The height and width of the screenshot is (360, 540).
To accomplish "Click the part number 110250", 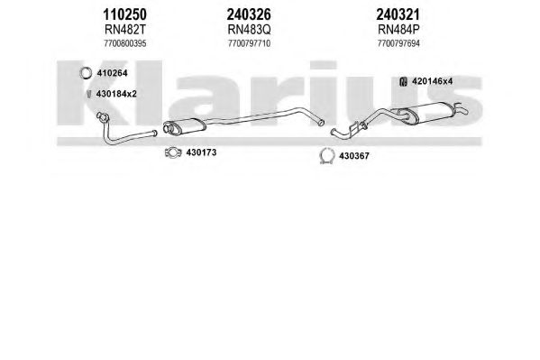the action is pyautogui.click(x=124, y=14).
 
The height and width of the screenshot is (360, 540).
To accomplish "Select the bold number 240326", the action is pyautogui.click(x=249, y=14).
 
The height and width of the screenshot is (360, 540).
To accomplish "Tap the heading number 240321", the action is pyautogui.click(x=398, y=14).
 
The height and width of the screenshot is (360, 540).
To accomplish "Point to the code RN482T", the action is pyautogui.click(x=125, y=30).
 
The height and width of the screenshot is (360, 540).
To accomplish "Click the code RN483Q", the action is pyautogui.click(x=249, y=30).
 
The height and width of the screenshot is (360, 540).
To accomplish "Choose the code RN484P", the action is pyautogui.click(x=398, y=30).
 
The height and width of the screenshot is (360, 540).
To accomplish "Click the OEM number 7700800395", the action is pyautogui.click(x=125, y=43).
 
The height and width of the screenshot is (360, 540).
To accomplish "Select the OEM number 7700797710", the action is pyautogui.click(x=249, y=43).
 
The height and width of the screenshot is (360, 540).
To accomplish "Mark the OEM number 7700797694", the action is pyautogui.click(x=398, y=43).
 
